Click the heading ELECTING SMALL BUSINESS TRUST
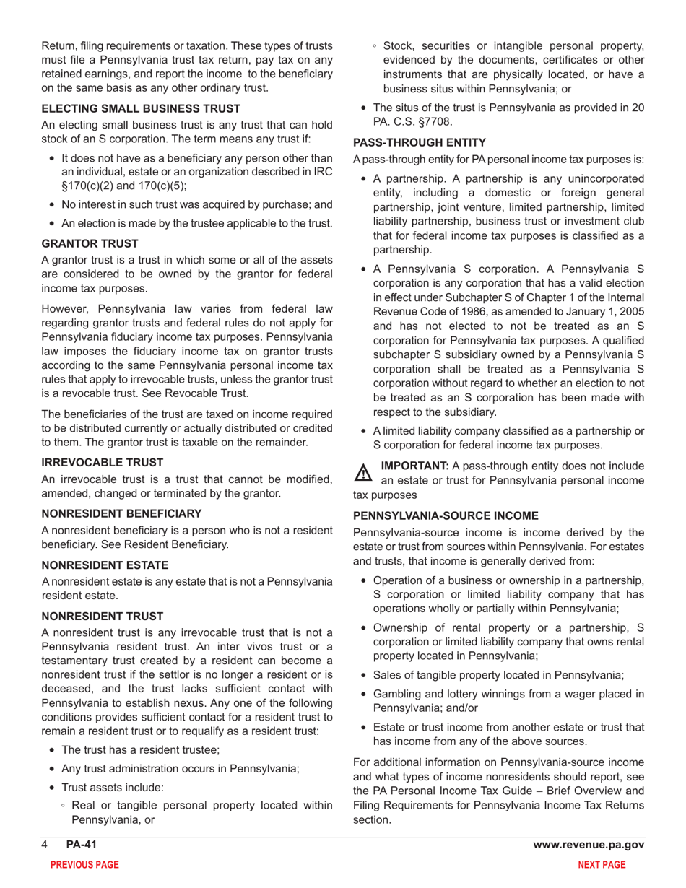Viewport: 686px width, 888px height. pos(141,108)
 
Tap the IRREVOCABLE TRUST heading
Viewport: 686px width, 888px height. pos(103,462)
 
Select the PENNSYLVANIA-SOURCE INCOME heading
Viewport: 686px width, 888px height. pos(446,515)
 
